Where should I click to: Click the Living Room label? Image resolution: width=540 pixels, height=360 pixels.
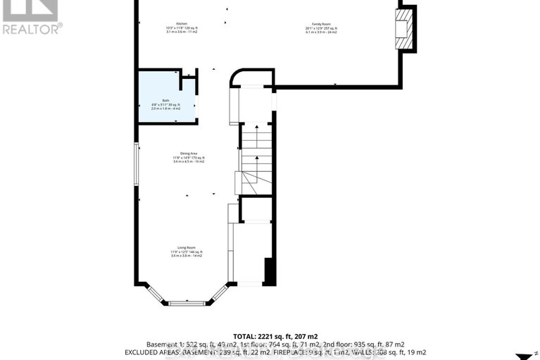click(x=186, y=247)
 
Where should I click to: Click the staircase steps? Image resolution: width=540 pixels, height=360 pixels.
click(x=257, y=159)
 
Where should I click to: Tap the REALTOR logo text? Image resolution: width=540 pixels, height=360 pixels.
click(x=32, y=29)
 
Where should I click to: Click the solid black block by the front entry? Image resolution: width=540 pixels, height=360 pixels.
click(x=268, y=271)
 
